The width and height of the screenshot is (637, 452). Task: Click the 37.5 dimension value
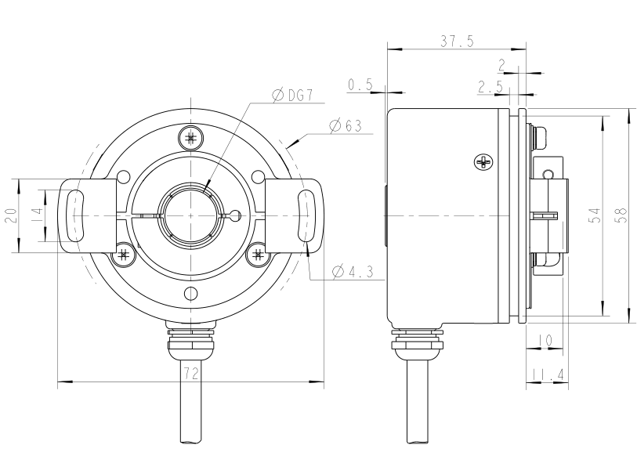(456, 42)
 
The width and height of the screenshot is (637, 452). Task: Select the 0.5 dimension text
(360, 85)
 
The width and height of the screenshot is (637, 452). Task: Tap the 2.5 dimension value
(490, 86)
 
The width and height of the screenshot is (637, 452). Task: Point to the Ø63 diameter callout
(345, 125)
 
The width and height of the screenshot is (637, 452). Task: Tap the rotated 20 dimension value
(11, 216)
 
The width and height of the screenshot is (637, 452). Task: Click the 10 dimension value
(545, 341)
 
